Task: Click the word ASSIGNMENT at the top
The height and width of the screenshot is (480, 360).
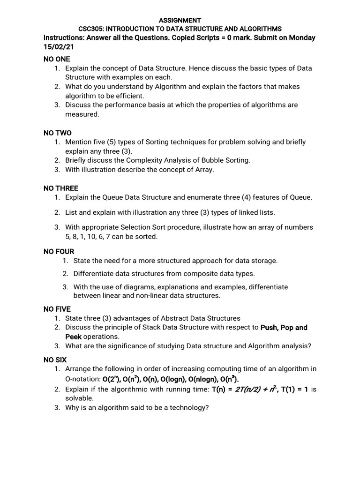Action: pyautogui.click(x=180, y=20)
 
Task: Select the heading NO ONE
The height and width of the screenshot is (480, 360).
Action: pyautogui.click(x=57, y=59)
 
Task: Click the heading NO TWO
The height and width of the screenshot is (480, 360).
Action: pyautogui.click(x=57, y=133)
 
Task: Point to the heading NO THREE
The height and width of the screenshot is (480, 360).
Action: pyautogui.click(x=61, y=188)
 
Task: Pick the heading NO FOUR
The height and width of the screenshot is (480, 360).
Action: pyautogui.click(x=59, y=252)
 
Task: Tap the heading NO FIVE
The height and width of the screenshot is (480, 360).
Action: pyautogui.click(x=57, y=309)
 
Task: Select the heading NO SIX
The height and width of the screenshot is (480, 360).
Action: pyautogui.click(x=55, y=360)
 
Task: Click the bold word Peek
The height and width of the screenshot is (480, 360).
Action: pyautogui.click(x=73, y=337)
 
